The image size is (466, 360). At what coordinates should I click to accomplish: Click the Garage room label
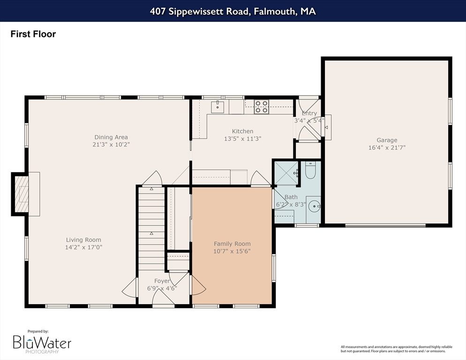(387, 140)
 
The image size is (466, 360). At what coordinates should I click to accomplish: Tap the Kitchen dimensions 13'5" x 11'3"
(242, 139)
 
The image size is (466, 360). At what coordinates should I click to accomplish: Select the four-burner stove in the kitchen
(262, 107)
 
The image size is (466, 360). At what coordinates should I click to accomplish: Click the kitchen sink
(218, 107)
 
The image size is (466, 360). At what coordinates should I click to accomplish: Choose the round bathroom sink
(314, 206)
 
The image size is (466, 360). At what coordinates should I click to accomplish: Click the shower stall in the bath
(286, 173)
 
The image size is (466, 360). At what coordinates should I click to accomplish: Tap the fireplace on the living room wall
(22, 194)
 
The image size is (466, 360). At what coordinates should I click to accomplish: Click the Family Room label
(232, 244)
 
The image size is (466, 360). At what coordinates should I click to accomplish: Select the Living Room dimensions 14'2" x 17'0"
(83, 247)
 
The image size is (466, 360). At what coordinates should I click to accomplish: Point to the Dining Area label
(111, 137)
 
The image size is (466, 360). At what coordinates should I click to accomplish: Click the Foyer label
(162, 281)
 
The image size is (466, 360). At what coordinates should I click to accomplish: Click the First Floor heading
(33, 34)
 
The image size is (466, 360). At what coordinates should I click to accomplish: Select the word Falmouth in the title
(275, 11)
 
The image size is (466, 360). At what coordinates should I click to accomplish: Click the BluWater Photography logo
(42, 342)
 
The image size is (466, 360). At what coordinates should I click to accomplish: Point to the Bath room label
(291, 197)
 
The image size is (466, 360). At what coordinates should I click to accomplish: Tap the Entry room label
(309, 113)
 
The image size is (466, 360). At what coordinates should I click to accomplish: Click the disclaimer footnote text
(397, 349)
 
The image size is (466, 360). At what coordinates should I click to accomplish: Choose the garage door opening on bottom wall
(385, 225)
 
